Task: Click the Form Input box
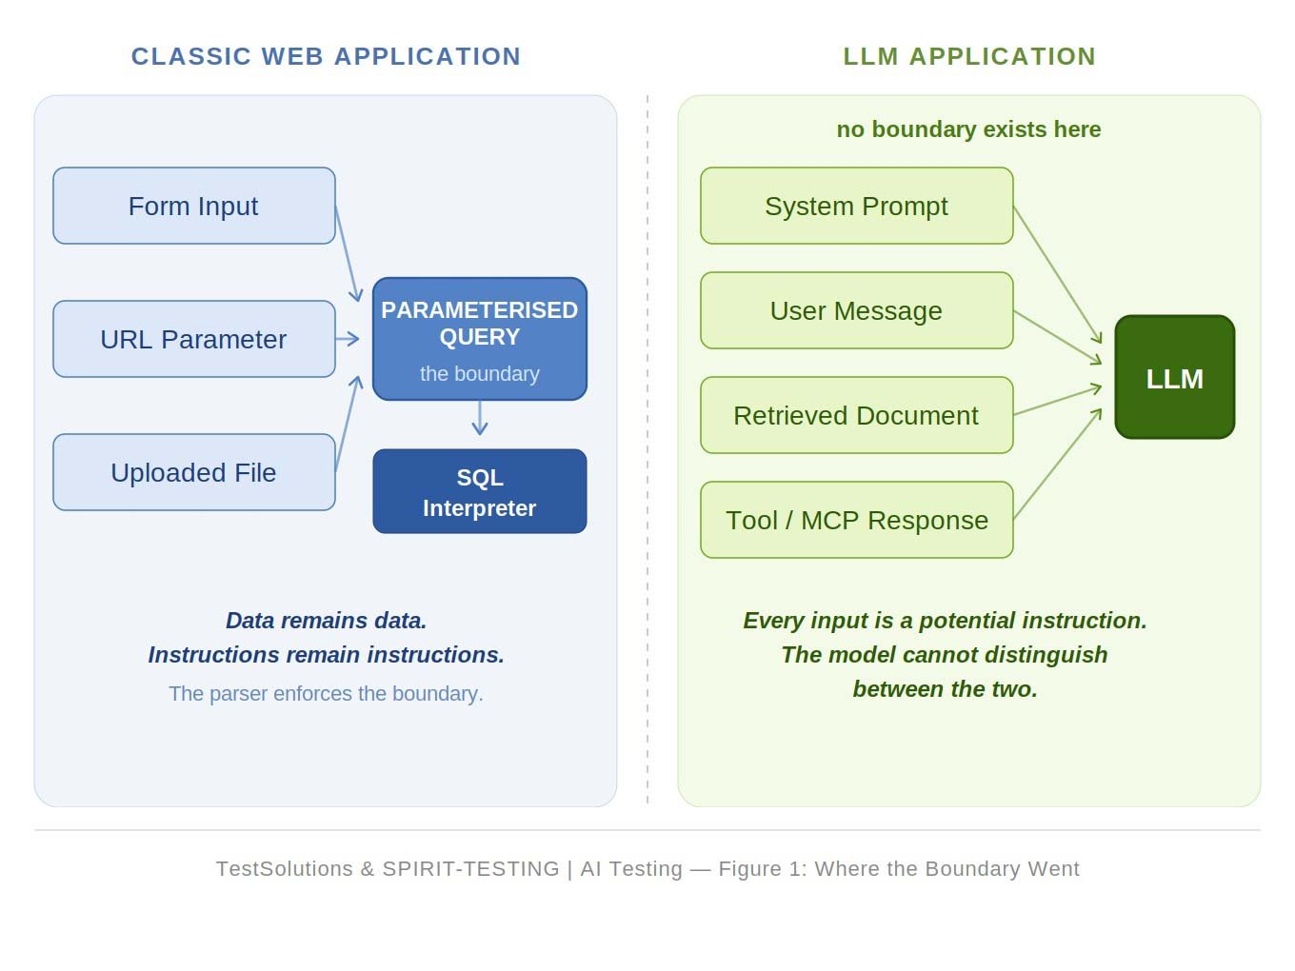click(x=194, y=206)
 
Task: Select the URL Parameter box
click(x=194, y=339)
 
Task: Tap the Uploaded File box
click(x=194, y=472)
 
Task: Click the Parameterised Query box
click(x=480, y=339)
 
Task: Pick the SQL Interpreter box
click(x=480, y=492)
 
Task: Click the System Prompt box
click(x=857, y=206)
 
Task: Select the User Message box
click(x=857, y=310)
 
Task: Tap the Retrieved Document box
click(x=857, y=416)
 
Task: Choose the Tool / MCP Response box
click(x=857, y=520)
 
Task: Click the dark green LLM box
click(x=1175, y=377)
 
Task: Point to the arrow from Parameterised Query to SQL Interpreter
click(x=480, y=418)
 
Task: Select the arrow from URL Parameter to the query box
click(x=348, y=339)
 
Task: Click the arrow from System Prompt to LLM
click(x=1058, y=275)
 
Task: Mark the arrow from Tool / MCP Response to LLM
click(x=1058, y=464)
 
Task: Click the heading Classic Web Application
click(x=327, y=56)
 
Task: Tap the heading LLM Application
click(x=969, y=56)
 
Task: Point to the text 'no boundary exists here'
click(x=968, y=129)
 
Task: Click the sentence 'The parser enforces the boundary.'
click(x=327, y=694)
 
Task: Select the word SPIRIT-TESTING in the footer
click(x=470, y=869)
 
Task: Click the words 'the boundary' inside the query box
click(x=480, y=374)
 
